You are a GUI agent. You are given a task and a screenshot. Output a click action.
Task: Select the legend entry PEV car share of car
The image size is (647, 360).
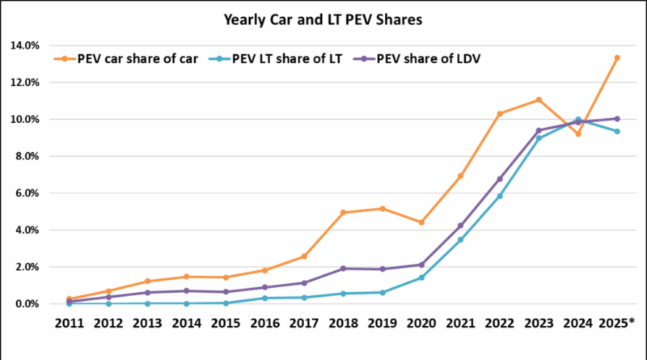point(133,57)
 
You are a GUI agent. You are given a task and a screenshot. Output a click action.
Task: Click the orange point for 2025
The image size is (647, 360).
point(617,57)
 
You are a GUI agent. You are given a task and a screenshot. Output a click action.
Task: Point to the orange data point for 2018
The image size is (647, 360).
point(343,212)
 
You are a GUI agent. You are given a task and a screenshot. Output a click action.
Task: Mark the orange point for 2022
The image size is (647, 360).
point(500,113)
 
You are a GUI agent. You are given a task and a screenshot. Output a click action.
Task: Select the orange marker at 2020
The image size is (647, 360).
point(421,222)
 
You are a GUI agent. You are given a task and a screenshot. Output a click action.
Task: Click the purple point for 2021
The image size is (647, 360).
point(460,226)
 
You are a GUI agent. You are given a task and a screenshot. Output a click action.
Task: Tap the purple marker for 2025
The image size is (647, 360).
point(617,119)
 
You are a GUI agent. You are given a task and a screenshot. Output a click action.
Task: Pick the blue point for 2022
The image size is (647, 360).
point(500,196)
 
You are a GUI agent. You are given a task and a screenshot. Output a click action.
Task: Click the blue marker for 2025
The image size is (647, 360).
point(617,131)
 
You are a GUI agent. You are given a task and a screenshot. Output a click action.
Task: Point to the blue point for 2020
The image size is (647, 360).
point(421,277)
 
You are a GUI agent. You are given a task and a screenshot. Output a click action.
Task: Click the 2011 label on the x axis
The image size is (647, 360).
point(69,324)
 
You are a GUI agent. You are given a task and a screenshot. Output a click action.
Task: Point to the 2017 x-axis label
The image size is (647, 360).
point(304,324)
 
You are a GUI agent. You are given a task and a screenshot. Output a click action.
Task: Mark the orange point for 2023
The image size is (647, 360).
point(539,100)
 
